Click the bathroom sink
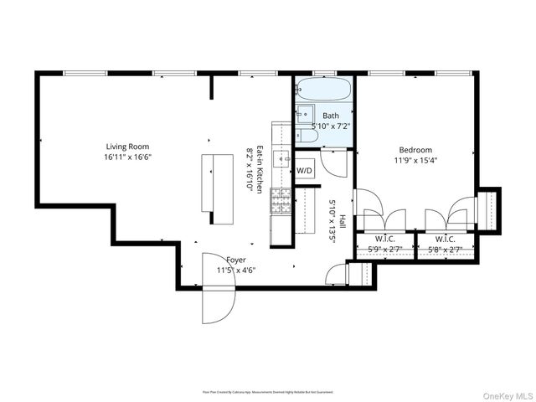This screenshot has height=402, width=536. [x=304, y=114]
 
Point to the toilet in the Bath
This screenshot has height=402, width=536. [x=307, y=134]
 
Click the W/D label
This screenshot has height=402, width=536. [x=304, y=171]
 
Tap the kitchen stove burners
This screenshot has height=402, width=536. [x=281, y=198]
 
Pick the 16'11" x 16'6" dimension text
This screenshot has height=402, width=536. [x=127, y=157]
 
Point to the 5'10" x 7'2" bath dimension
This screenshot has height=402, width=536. [x=331, y=126]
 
